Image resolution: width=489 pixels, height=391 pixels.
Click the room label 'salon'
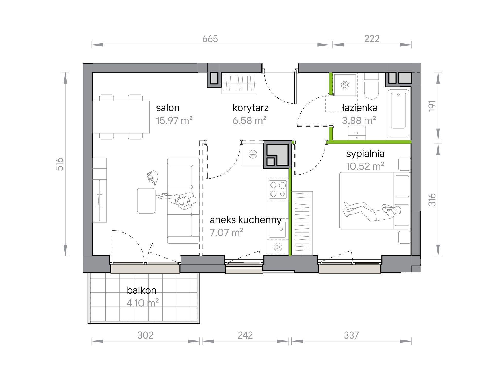tap(168, 108)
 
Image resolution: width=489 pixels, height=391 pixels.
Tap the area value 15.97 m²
tap(174, 120)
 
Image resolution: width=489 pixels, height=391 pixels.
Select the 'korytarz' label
tap(250, 108)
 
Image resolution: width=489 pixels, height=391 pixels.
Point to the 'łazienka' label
tap(360, 108)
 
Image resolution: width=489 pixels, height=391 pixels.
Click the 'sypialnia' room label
tap(365, 154)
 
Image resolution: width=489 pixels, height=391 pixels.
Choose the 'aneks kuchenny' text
tap(246, 220)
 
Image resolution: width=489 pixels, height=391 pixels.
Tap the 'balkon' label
tap(142, 290)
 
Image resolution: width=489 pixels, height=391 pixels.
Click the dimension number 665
tap(210, 39)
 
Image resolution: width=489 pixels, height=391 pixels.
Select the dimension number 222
tap(372, 39)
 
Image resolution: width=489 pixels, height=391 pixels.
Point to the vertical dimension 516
tap(59, 164)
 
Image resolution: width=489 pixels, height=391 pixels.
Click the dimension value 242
tap(245, 335)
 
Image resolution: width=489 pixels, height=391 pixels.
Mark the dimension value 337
tap(351, 335)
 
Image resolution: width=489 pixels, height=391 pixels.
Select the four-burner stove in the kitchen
tap(278, 189)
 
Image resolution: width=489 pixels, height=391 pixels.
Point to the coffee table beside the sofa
tap(146, 201)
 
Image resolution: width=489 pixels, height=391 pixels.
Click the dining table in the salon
tap(121, 117)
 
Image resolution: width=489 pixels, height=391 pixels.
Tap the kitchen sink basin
tap(277, 229)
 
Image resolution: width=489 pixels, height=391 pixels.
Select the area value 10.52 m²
tap(365, 166)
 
